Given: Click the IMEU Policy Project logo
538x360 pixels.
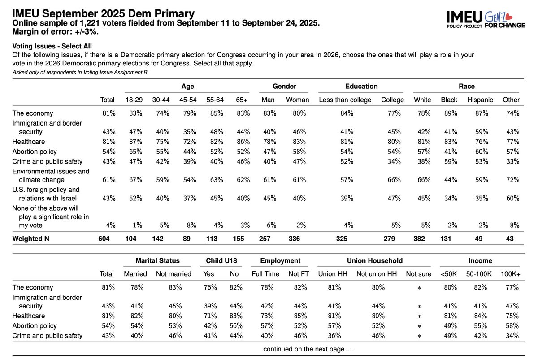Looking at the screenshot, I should point(464,19).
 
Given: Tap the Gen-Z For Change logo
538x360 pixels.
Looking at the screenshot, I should point(504,19).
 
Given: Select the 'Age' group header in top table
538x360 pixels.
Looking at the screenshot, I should point(187,86).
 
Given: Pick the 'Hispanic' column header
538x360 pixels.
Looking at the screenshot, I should point(480,100).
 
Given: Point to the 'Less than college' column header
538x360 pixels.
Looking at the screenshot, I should point(345,100).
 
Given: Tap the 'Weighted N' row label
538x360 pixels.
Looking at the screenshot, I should point(31,239).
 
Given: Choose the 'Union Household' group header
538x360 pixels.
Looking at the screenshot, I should point(374,260).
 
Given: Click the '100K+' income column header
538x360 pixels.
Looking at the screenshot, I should point(510,273).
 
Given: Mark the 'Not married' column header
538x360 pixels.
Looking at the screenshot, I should point(173,273).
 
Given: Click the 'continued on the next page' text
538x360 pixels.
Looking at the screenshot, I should point(308,349).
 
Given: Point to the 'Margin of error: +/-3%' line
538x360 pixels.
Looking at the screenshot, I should point(56,32).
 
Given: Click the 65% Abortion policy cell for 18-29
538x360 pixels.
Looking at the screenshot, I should point(134,152).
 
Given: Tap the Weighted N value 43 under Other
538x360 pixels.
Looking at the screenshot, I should point(511,239).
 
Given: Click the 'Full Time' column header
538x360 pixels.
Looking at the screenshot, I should point(265,273).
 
